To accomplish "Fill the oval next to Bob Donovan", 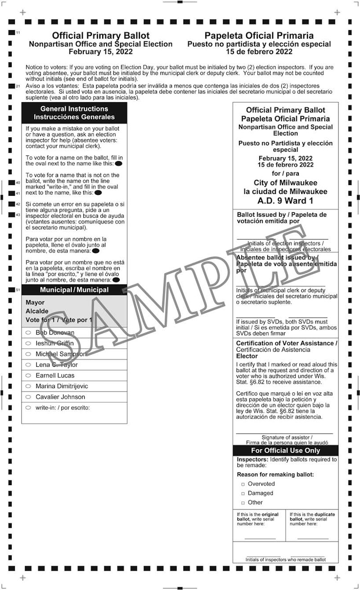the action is click(x=28, y=333).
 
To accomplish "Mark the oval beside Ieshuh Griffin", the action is click(x=28, y=343).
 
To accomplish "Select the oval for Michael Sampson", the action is click(x=28, y=354).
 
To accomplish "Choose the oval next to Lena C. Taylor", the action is click(x=28, y=365).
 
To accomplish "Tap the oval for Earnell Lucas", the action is click(x=28, y=375).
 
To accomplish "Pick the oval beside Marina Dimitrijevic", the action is click(x=28, y=386).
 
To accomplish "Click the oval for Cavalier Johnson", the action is click(x=28, y=397).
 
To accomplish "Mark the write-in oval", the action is click(x=28, y=408).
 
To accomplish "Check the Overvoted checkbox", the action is click(x=243, y=484).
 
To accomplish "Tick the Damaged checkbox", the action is click(x=243, y=494).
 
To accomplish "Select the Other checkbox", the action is click(x=243, y=503).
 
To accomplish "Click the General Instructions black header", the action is click(x=74, y=113).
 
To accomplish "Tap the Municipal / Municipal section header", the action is click(x=74, y=290).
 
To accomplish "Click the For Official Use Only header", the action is click(x=285, y=450).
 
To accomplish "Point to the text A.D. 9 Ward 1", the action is click(x=285, y=201).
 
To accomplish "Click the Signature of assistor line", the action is click(x=284, y=433).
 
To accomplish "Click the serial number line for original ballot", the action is click(x=260, y=538).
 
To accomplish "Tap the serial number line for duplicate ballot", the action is click(x=312, y=538).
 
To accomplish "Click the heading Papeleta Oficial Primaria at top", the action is click(x=259, y=36).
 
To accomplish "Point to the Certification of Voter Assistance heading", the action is click(x=287, y=343).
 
